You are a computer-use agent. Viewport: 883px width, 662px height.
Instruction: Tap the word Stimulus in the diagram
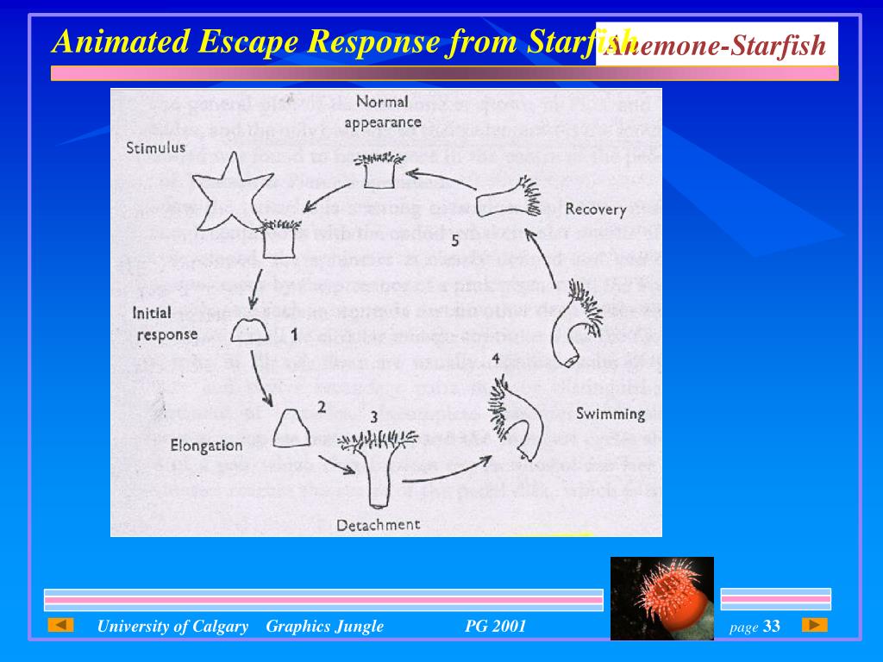[155, 147]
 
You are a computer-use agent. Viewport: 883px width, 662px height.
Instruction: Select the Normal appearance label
[382, 112]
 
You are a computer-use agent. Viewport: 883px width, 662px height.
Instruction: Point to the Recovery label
[595, 209]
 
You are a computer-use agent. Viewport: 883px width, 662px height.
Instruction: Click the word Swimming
[611, 414]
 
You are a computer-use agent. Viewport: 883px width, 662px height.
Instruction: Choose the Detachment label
[379, 524]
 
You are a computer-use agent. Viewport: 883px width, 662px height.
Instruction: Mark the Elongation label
[206, 446]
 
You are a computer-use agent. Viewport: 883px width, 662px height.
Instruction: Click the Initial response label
[165, 323]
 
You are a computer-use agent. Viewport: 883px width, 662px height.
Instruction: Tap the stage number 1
[293, 333]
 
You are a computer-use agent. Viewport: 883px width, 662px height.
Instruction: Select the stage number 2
[321, 407]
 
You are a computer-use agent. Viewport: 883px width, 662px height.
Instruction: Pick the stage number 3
[373, 417]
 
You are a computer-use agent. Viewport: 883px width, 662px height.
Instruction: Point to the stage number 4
[495, 358]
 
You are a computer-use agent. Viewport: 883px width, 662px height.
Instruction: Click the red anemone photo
[661, 598]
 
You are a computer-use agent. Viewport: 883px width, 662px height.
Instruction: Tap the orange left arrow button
[60, 625]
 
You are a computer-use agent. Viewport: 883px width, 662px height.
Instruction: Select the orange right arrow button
[814, 625]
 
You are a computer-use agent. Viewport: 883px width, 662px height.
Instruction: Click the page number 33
[771, 627]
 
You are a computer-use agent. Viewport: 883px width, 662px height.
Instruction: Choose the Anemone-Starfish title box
[717, 45]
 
